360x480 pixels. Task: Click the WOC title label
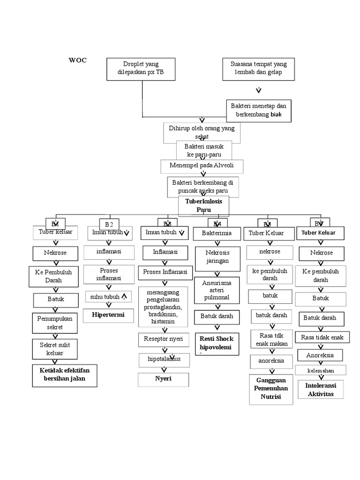78,60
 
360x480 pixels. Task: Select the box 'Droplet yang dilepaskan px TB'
141,69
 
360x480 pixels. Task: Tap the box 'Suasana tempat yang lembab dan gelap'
258,69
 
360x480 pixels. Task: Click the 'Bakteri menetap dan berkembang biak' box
258,110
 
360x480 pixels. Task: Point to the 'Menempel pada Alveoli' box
203,166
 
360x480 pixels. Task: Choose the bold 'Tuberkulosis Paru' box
203,205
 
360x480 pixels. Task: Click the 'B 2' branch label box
109,224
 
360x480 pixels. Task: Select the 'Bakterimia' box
217,233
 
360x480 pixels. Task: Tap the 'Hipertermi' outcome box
108,315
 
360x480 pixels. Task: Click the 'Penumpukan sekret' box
55,322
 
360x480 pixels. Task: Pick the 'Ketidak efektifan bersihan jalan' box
65,375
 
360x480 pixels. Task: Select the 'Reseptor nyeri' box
164,338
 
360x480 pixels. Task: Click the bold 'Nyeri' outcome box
164,379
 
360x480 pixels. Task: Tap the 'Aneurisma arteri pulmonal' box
217,290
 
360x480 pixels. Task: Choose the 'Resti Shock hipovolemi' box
217,343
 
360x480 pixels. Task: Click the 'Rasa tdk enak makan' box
271,340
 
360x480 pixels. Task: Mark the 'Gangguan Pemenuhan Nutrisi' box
271,389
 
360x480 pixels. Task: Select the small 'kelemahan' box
321,370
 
